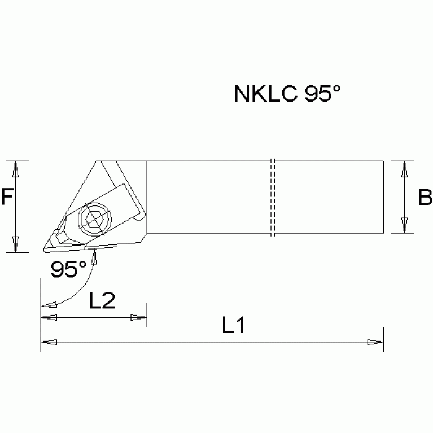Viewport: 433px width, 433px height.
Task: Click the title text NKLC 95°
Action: [x=287, y=94]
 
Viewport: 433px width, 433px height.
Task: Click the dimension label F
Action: [x=7, y=196]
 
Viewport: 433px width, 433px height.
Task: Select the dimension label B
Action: [x=425, y=198]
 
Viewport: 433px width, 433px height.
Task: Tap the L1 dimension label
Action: [x=233, y=326]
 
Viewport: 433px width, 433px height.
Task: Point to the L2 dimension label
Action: [x=102, y=301]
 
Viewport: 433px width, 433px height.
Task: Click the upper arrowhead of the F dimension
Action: [x=16, y=168]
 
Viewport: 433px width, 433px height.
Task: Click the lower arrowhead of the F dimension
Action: [x=16, y=245]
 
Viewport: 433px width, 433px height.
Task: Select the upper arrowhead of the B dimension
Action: [x=404, y=168]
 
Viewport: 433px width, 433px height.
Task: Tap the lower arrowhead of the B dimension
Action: [x=404, y=225]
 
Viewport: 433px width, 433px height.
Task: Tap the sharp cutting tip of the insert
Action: [x=43, y=249]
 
